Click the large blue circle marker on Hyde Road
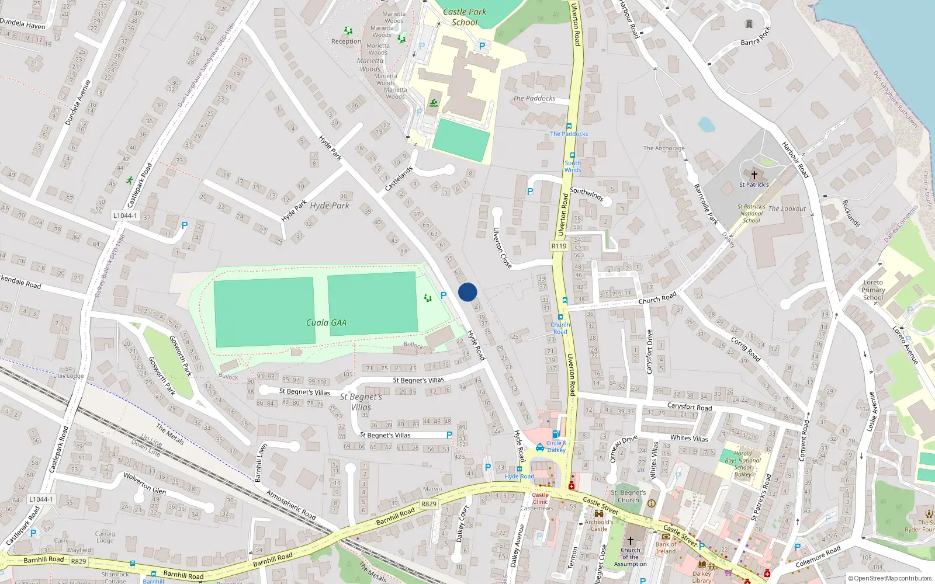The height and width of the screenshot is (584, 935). point(467,292)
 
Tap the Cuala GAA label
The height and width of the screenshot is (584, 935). point(326,322)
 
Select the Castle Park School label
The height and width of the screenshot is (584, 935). point(465,17)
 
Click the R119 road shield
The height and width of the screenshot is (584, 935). point(559,246)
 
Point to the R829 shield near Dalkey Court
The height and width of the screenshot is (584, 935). point(429,503)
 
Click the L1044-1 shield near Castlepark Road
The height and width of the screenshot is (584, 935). point(125,215)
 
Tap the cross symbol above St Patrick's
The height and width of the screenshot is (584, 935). point(754,175)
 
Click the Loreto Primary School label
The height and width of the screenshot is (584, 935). point(873,290)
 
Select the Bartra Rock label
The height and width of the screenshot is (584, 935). point(756,38)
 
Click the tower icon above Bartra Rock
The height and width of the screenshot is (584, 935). point(749,24)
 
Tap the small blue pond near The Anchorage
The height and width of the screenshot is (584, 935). point(706,124)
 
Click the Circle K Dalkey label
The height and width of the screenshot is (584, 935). point(556,447)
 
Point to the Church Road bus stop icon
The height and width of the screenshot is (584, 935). point(560,318)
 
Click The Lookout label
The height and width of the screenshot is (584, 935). point(787,208)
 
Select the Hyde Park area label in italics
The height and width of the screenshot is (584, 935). point(330,206)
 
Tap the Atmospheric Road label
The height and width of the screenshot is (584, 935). point(291,505)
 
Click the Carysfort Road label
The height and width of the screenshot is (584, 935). point(690,406)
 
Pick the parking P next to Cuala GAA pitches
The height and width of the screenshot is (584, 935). point(444,296)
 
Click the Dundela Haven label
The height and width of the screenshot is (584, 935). point(22,24)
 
